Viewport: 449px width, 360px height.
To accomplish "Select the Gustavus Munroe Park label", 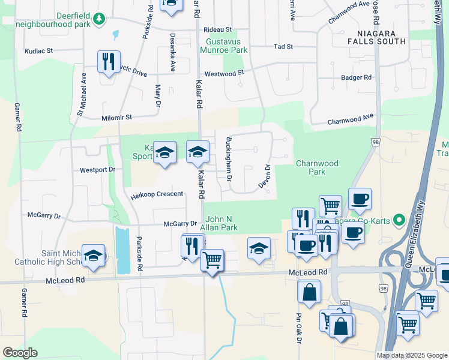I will (x=226, y=46).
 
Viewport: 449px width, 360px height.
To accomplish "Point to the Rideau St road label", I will (x=217, y=29).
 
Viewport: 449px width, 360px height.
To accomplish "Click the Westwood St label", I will (x=224, y=73).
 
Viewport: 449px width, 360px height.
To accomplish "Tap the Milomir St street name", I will (x=116, y=118).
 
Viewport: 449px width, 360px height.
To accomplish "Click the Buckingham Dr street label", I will (x=229, y=160).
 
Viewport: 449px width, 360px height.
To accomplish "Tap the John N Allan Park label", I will (x=222, y=223).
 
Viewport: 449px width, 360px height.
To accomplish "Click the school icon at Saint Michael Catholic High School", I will (x=94, y=256).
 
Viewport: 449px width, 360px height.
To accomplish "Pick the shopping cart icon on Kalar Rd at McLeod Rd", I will (x=212, y=261).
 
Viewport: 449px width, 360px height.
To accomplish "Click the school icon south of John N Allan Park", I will (x=259, y=249).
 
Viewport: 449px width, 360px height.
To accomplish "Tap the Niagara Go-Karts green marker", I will (x=397, y=220).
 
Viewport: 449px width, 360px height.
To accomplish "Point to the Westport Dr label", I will (x=97, y=170).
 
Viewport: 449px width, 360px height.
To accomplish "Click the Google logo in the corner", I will (x=20, y=353).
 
